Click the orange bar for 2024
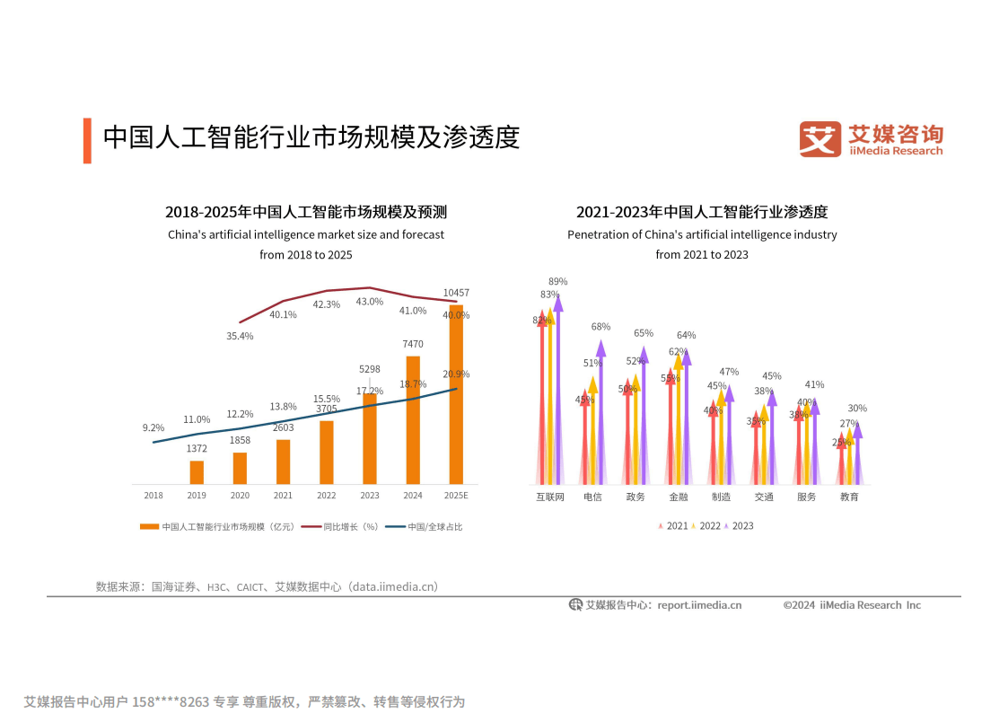pyautogui.click(x=413, y=420)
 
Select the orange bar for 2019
pyautogui.click(x=197, y=472)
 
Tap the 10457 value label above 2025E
pyautogui.click(x=456, y=293)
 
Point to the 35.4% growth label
pyautogui.click(x=240, y=336)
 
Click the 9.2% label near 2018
pyautogui.click(x=153, y=427)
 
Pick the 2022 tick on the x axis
pyautogui.click(x=326, y=496)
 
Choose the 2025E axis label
pyautogui.click(x=456, y=496)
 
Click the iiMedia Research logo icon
pyautogui.click(x=820, y=139)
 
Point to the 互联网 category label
pyautogui.click(x=550, y=497)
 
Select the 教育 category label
pyautogui.click(x=849, y=497)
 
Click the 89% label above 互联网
pyautogui.click(x=558, y=281)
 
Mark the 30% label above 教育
pyautogui.click(x=857, y=408)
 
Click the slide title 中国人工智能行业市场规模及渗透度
pyautogui.click(x=311, y=138)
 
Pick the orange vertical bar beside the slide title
pyautogui.click(x=87, y=140)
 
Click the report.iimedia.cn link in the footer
pyautogui.click(x=699, y=605)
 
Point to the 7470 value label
pyautogui.click(x=413, y=344)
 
